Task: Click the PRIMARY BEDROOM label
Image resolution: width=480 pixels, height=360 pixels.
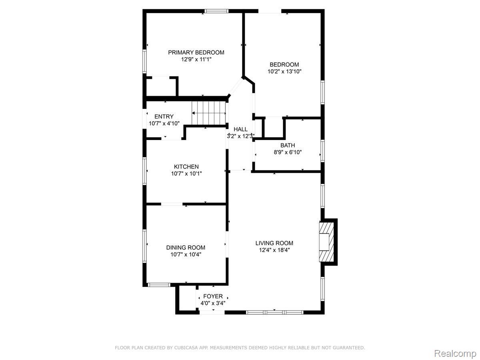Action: [x=196, y=52]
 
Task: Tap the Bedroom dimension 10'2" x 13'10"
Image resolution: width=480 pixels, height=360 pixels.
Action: [x=284, y=72]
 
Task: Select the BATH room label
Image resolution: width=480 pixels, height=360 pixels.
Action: [x=288, y=145]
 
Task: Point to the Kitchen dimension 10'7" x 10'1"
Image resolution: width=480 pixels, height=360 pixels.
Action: [x=186, y=174]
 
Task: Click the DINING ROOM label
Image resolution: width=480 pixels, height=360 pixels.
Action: [x=186, y=248]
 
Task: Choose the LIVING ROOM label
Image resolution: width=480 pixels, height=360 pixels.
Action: [x=274, y=243]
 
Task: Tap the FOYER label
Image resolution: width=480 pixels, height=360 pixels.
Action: [x=213, y=296]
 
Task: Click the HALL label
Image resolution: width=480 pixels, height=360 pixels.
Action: [x=240, y=129]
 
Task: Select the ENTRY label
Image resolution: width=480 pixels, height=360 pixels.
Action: [x=164, y=116]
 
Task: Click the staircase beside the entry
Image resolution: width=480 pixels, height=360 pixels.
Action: [x=209, y=113]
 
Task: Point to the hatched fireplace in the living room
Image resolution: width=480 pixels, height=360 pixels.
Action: [x=327, y=242]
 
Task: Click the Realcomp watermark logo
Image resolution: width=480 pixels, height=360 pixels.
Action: [x=455, y=347]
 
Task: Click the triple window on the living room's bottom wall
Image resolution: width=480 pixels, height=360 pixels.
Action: [x=274, y=312]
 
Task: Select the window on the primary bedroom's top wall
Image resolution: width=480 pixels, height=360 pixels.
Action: [x=216, y=11]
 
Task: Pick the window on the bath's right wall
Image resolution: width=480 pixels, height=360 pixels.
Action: [x=322, y=151]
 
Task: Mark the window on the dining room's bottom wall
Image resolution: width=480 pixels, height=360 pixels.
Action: [x=159, y=285]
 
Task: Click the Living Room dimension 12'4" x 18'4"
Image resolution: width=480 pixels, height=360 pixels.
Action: [x=274, y=250]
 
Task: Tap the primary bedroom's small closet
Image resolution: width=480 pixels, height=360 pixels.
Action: [x=161, y=87]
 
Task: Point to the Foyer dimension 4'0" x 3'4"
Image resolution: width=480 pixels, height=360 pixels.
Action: [x=213, y=303]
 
